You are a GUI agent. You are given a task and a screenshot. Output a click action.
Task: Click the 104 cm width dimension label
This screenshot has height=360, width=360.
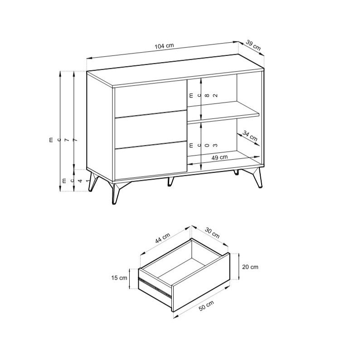[x=164, y=46]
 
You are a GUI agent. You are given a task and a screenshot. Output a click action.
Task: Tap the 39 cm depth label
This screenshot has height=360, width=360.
[x=253, y=45]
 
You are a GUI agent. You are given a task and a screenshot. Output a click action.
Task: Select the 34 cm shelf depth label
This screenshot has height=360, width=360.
[x=250, y=136]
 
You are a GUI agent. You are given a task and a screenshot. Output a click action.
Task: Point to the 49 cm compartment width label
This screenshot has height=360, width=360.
[x=219, y=157]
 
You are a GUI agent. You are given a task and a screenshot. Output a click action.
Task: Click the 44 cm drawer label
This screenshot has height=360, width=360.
[x=163, y=238]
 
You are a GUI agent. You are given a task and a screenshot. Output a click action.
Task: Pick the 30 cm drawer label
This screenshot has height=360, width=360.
[x=212, y=233]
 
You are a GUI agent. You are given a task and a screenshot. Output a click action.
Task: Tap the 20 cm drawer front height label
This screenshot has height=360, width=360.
[x=250, y=267]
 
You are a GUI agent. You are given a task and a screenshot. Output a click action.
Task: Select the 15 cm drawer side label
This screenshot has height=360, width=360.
[x=119, y=278]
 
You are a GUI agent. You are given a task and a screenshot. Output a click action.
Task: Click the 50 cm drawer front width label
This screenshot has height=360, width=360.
[x=206, y=306]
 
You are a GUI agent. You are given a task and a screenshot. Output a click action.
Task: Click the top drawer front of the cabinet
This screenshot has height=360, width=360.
[x=151, y=99]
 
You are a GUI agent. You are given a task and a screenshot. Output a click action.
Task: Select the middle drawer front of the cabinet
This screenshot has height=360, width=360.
[x=151, y=129]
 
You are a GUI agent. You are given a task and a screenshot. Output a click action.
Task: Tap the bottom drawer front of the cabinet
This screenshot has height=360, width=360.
[x=151, y=160]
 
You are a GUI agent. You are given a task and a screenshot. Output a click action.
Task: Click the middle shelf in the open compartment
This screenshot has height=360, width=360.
[x=223, y=111]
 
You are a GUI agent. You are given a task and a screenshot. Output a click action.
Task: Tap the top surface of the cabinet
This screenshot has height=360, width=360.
[x=175, y=71]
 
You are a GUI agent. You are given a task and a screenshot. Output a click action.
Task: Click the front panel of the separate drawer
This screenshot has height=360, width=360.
[x=201, y=282]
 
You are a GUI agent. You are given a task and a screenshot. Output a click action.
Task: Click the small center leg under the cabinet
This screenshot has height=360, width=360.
[x=170, y=181]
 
